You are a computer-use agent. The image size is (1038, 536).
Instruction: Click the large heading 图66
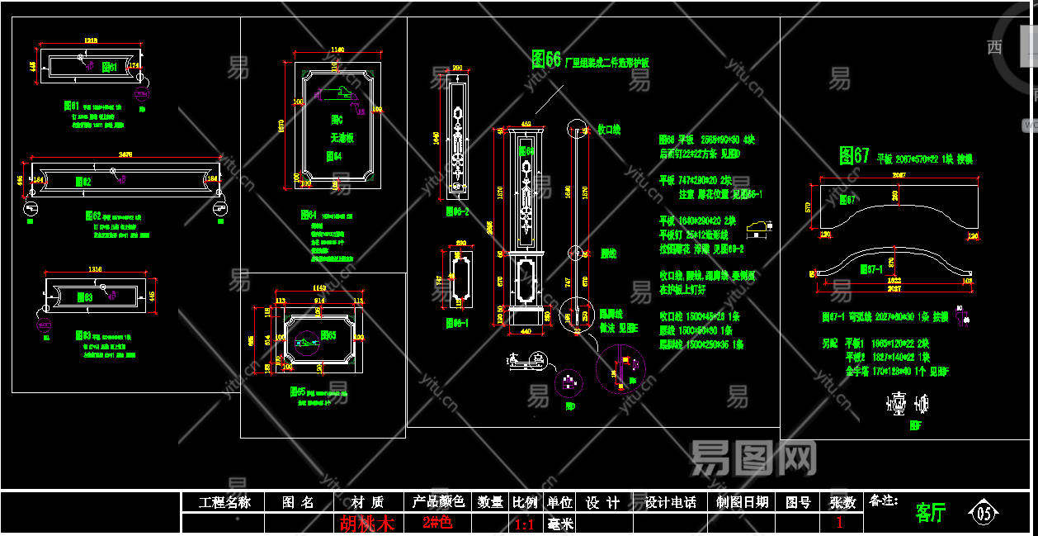coord(546,59)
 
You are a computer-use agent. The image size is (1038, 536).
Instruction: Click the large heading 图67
coord(854,156)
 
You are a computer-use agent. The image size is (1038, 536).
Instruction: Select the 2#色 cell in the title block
coord(437,523)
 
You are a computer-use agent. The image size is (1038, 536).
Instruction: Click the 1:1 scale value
coord(525,524)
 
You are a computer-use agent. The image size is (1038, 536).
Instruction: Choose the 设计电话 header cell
coord(670,502)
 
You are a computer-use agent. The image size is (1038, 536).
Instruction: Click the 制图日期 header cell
coord(742,502)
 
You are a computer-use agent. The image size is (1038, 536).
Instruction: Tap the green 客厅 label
coord(930,513)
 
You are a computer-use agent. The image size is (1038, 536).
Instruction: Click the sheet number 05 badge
coord(984,513)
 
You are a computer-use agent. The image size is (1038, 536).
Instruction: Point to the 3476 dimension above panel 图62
coord(125,154)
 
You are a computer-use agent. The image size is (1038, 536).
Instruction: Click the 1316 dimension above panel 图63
coord(97,269)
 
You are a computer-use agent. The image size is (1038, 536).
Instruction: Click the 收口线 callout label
coord(608,130)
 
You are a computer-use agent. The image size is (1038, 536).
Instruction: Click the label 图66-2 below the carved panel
coord(457,211)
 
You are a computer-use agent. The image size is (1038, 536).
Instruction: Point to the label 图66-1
coord(457,323)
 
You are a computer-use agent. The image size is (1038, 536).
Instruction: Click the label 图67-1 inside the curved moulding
coord(871,268)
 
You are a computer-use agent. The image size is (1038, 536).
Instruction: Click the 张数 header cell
coord(842,502)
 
